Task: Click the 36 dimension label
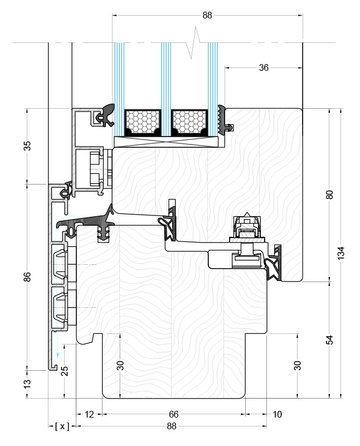(x=263, y=68)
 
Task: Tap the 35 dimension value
(x=27, y=146)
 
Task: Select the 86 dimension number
(x=27, y=277)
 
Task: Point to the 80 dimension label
(x=329, y=194)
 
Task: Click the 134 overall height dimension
(x=341, y=253)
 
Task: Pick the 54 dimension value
(x=329, y=340)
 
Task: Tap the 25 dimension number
(x=65, y=371)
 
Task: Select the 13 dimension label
(x=28, y=383)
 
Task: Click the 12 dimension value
(x=89, y=414)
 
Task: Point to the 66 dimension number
(x=174, y=414)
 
